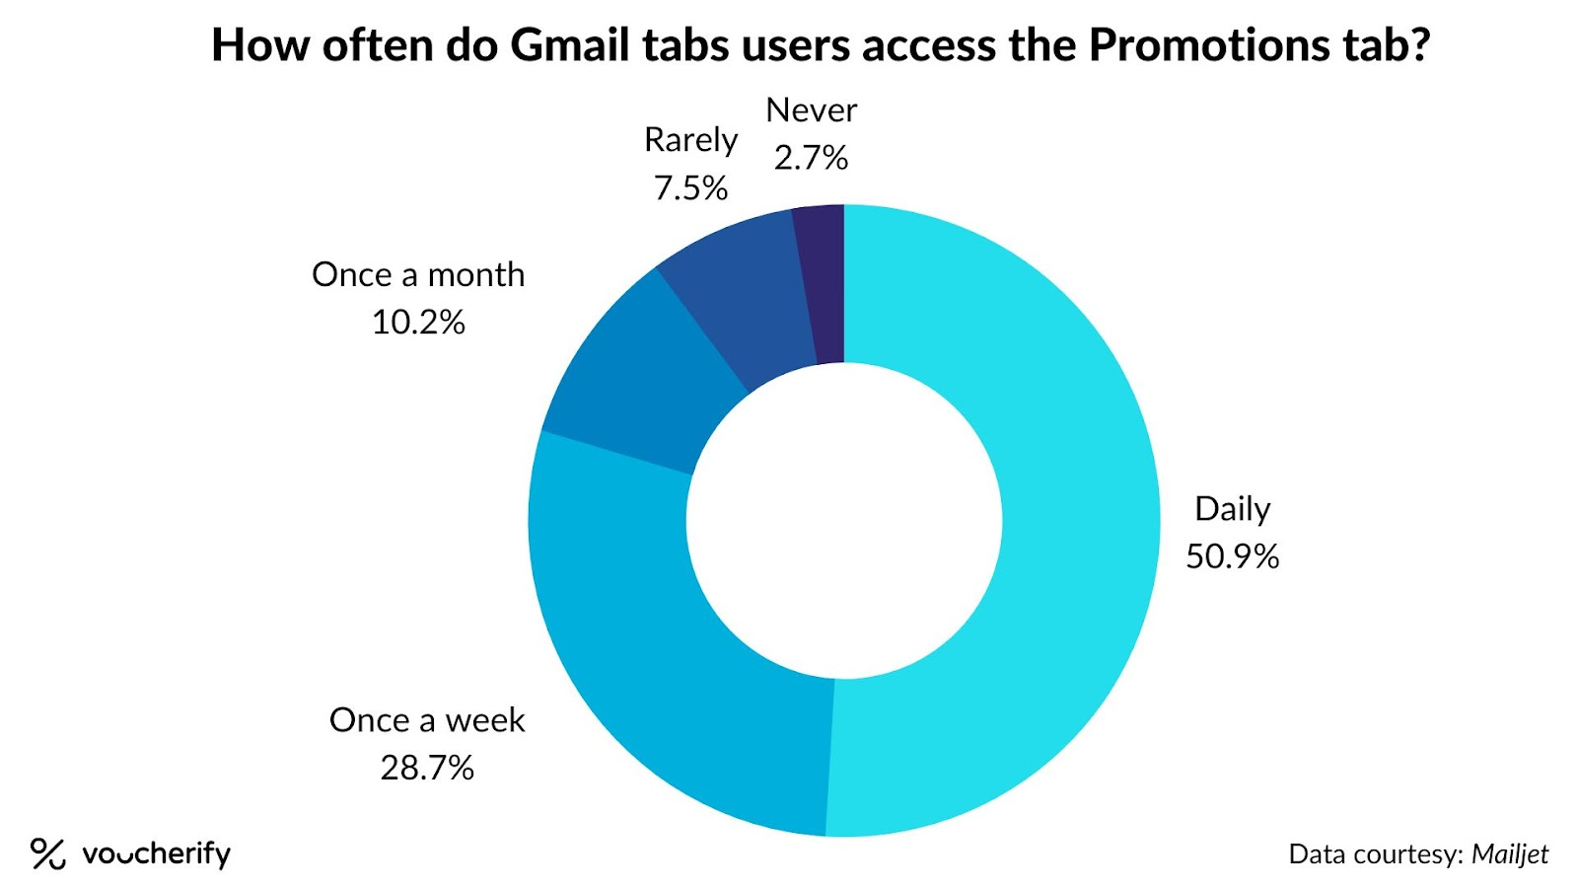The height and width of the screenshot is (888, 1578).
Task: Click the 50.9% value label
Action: [x=1232, y=556]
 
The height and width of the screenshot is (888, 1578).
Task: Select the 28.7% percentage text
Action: [x=427, y=768]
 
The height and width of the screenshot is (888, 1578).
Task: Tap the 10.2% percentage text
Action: [x=418, y=323]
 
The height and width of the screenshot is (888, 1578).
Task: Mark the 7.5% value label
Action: [x=690, y=187]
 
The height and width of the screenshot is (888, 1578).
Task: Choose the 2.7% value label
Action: [x=811, y=158]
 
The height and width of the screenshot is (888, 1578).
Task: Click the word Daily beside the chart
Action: [x=1232, y=509]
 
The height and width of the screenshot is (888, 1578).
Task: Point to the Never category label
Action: [x=811, y=111]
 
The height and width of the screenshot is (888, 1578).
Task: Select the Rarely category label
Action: [x=690, y=140]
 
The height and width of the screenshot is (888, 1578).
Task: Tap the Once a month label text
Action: [x=418, y=274]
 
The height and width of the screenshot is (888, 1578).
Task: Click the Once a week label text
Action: [x=427, y=720]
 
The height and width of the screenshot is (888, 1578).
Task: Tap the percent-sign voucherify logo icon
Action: [x=47, y=853]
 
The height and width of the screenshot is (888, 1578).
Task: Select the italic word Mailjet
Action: [x=1509, y=853]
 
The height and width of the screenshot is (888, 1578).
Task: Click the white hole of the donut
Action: [x=844, y=520]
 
